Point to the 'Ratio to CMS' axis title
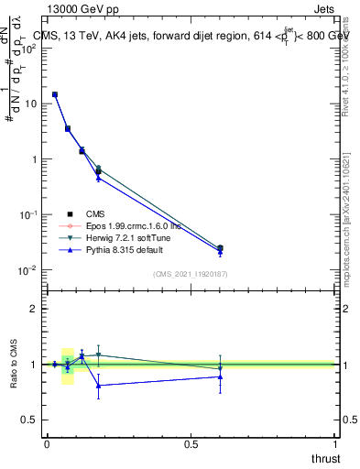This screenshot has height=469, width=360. pos(15,365)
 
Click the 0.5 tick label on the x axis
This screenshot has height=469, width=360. pos(191,444)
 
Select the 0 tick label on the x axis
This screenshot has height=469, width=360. pos(47,444)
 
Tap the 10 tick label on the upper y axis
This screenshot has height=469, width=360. pos(31,104)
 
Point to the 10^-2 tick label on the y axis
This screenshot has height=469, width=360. pos(29,269)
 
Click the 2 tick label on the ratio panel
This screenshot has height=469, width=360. pos(35,309)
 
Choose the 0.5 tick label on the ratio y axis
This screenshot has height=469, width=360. pos(30,420)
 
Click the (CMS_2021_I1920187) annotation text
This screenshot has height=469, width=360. pos(190,275)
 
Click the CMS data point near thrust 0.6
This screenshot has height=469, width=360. pos(220,247)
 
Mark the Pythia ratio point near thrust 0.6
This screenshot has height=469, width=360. pos(220,376)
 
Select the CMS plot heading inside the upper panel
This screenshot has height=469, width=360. pos(192,36)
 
